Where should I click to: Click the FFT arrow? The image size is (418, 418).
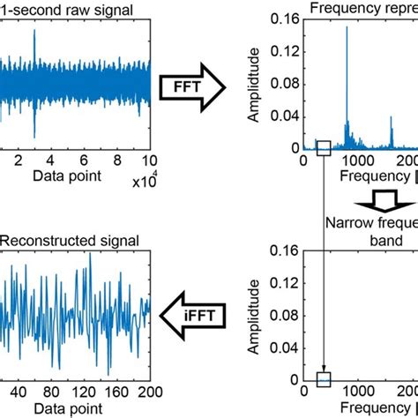pos(190,86)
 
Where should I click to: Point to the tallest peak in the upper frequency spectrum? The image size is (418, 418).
pos(347,28)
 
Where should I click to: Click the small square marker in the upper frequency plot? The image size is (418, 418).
pos(324,148)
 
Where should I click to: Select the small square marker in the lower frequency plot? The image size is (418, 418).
pos(324,379)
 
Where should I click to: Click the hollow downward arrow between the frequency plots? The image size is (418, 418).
pos(362,195)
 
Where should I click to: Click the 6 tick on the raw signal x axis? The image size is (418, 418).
pos(85,162)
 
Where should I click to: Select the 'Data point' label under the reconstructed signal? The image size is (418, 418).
pos(68,409)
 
